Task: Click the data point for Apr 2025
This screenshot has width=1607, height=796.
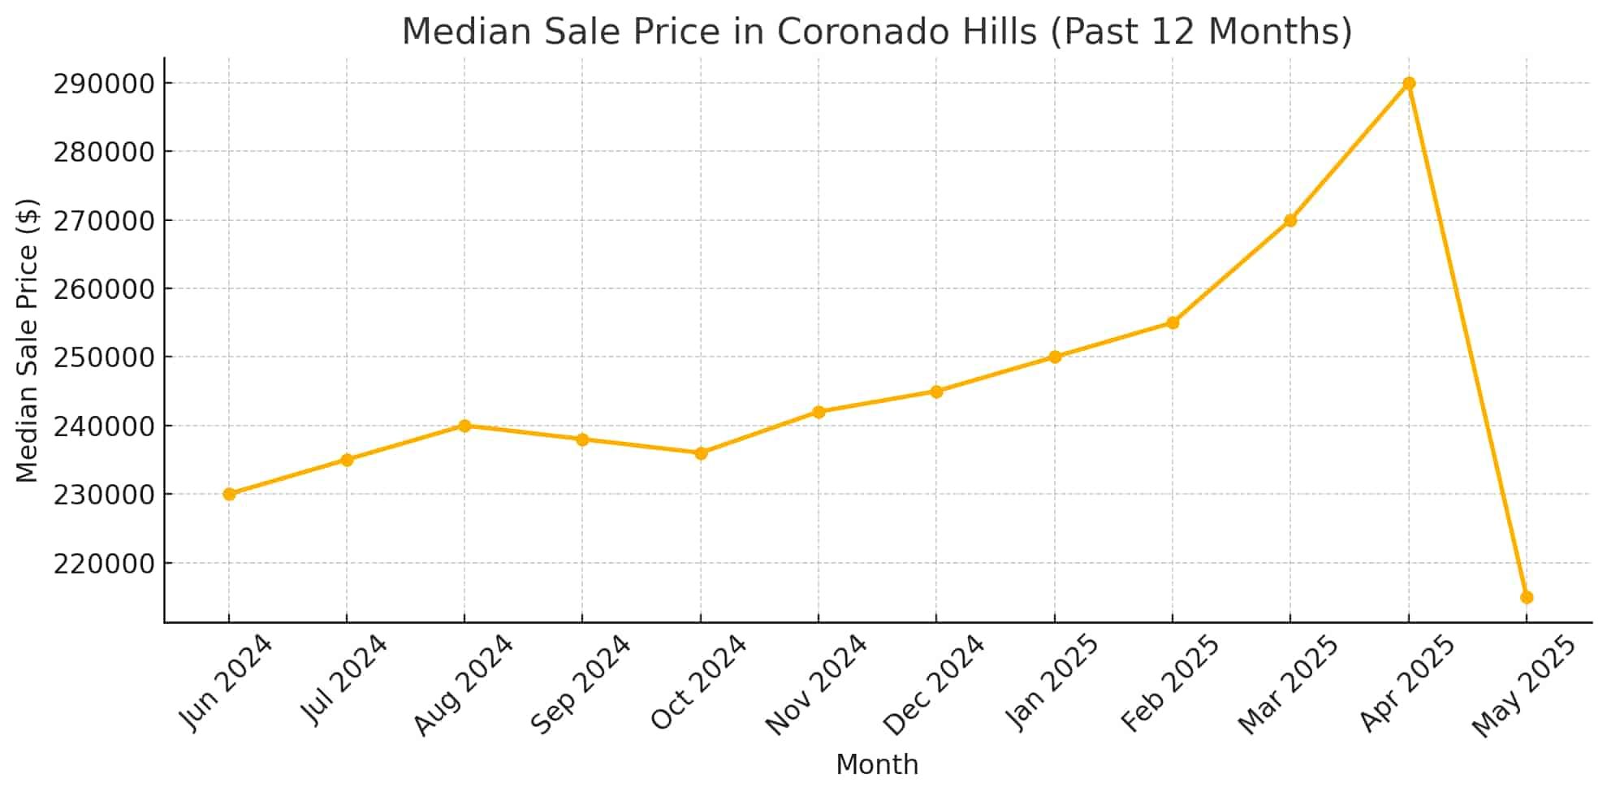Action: tap(1408, 84)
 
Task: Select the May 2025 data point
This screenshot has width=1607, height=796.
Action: tap(1526, 597)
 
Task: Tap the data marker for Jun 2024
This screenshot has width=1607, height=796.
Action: tap(229, 494)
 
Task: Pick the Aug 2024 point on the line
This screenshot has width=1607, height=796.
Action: tap(464, 426)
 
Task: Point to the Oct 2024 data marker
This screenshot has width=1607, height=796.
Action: tap(700, 453)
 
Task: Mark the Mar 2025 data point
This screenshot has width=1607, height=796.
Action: tap(1290, 220)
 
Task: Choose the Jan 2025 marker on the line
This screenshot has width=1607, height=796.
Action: tap(1054, 357)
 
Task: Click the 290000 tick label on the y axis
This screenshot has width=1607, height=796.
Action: tap(104, 84)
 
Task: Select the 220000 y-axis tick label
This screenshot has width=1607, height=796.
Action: tap(104, 563)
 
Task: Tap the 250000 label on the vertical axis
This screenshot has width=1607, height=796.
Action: tap(104, 357)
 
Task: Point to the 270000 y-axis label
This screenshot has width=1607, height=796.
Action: tap(104, 221)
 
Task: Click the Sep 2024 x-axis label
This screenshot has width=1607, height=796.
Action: tap(580, 684)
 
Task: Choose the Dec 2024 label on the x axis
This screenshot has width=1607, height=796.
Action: tap(933, 685)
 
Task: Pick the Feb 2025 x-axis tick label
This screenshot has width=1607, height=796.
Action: tap(1169, 683)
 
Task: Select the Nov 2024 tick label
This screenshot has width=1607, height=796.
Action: tap(815, 685)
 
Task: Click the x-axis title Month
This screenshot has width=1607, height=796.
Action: tap(877, 764)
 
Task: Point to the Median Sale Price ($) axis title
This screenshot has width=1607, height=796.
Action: tap(28, 340)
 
